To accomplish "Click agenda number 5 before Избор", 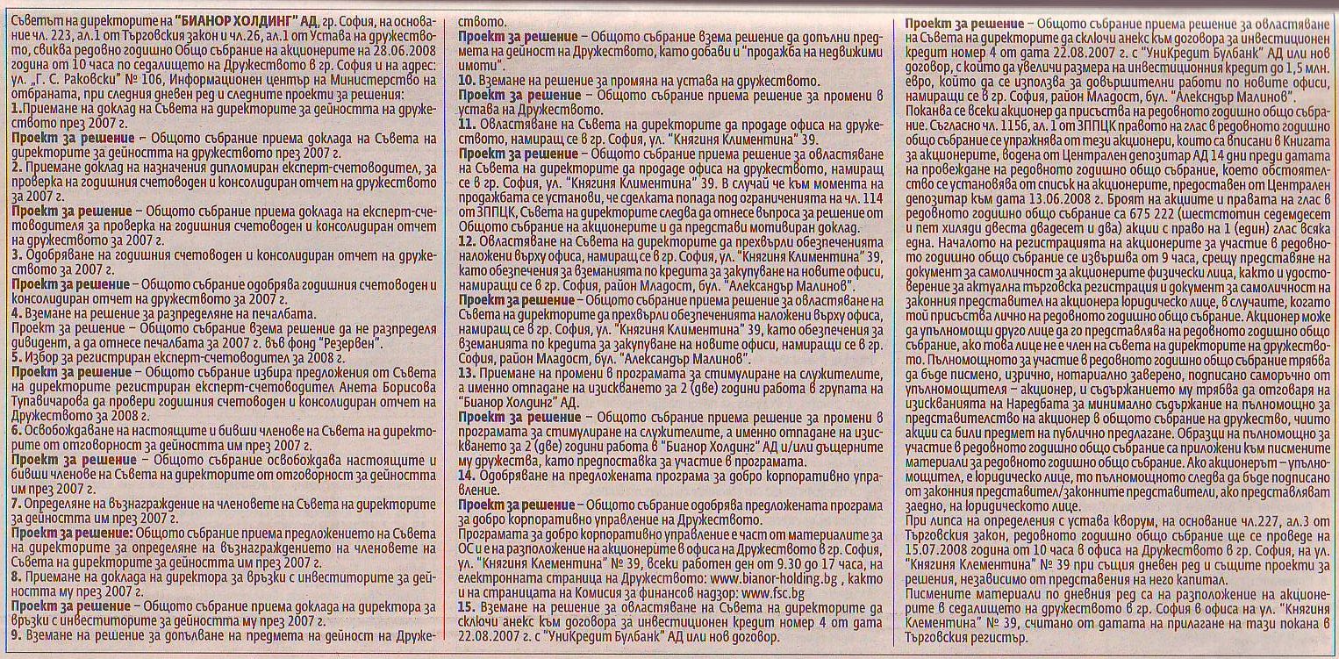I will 16,357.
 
